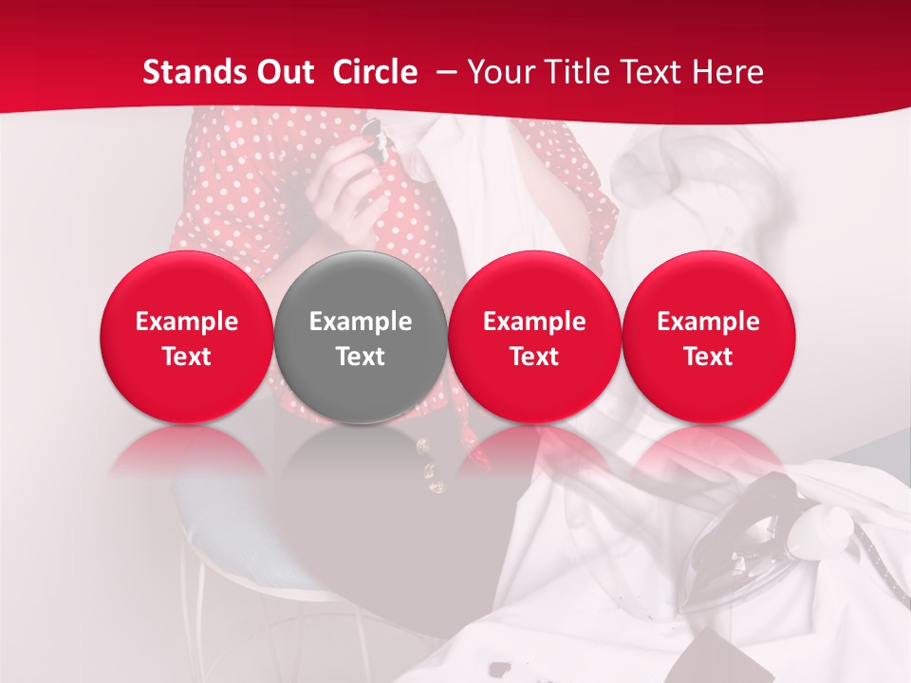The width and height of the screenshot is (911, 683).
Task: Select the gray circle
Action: point(361,337)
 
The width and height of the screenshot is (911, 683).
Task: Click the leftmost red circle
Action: point(186,337)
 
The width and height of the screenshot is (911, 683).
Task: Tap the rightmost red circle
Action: point(709,337)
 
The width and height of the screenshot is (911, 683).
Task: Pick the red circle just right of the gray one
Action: point(534,337)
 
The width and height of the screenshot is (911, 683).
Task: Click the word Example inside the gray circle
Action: point(361,322)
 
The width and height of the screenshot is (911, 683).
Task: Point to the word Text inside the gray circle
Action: point(361,357)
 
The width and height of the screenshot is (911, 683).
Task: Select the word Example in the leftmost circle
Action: point(186,322)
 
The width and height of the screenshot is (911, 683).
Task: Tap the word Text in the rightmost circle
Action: point(709,357)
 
